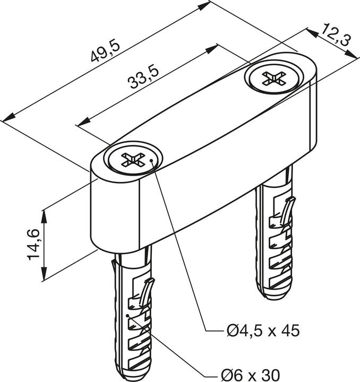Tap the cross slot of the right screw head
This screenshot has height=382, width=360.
(x=273, y=80)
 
